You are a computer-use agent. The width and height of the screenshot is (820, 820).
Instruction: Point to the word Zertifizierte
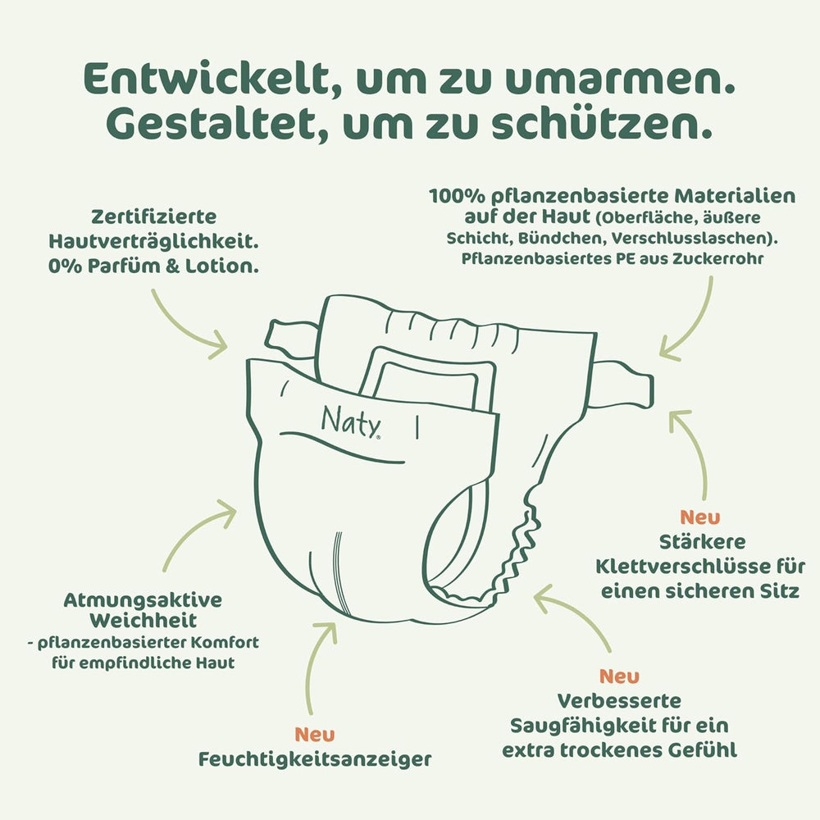click(154, 217)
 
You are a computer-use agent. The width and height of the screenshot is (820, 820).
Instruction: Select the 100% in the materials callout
click(454, 197)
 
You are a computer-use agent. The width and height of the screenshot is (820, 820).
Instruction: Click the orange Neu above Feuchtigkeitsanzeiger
click(314, 734)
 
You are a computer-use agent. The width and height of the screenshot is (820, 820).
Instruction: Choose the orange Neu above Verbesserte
click(619, 676)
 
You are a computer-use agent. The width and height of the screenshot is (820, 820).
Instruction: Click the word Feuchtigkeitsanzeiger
click(315, 759)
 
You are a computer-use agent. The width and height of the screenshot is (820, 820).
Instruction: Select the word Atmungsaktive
click(143, 599)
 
